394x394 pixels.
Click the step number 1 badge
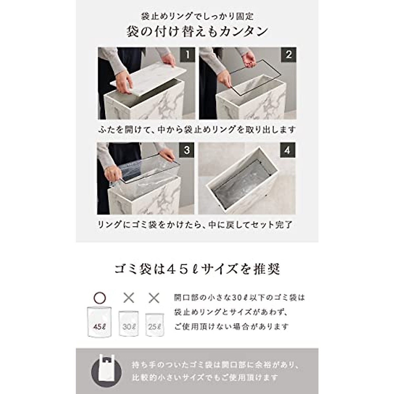click(187, 55)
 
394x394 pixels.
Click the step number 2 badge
click(288, 55)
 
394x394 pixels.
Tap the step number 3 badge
click(187, 150)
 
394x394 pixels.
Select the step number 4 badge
click(288, 150)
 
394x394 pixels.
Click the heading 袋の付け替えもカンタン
click(197, 31)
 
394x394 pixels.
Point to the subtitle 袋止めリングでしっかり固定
click(197, 16)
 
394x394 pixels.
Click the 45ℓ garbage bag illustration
click(99, 322)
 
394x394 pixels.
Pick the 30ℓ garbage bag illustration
click(128, 324)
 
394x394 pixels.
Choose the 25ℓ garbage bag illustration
click(154, 325)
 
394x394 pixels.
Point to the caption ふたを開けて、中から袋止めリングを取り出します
click(197, 130)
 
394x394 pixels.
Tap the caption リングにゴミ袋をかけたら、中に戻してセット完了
click(195, 225)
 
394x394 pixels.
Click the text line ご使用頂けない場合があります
click(231, 327)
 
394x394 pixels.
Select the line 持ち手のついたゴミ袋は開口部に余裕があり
click(215, 364)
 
